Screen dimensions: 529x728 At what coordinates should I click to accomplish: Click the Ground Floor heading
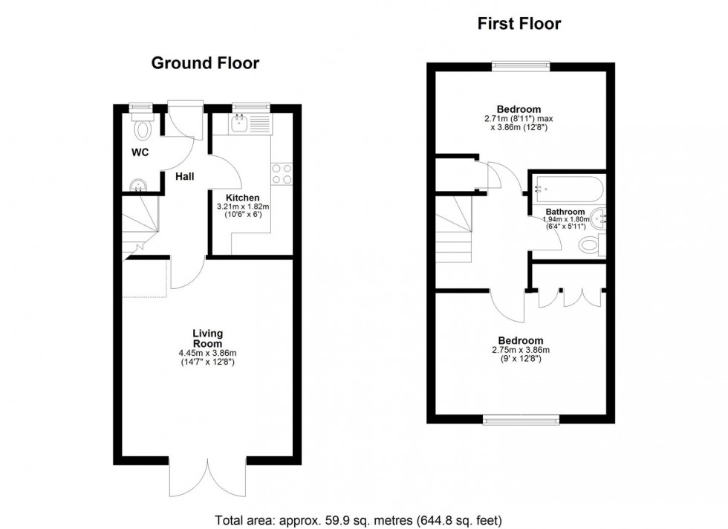(x=205, y=63)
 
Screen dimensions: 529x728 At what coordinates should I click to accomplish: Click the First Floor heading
(x=519, y=24)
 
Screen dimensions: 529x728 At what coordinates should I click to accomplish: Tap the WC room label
(x=140, y=154)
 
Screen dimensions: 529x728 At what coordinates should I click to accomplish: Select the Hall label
(x=185, y=177)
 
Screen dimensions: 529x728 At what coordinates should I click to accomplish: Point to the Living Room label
(x=208, y=339)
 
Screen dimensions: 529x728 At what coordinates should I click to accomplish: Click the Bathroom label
(x=565, y=212)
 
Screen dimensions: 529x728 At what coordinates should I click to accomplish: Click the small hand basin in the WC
(x=136, y=185)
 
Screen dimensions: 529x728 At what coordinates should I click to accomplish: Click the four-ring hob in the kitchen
(x=282, y=173)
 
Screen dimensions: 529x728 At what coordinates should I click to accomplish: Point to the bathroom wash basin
(x=599, y=218)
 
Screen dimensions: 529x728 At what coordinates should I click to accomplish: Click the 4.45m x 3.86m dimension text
(x=208, y=354)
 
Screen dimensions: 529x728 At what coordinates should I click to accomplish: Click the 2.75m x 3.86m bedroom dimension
(x=520, y=350)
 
